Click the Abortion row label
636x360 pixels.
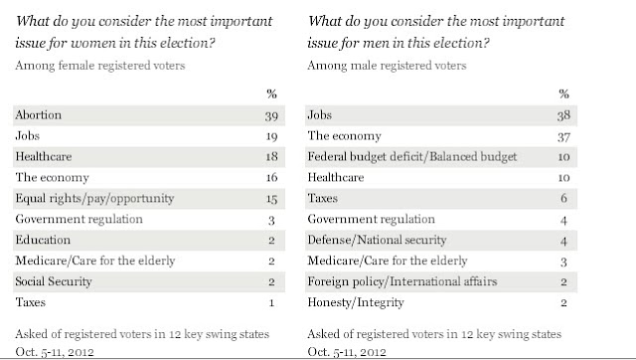pos(39,114)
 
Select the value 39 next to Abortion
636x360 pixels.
pos(271,116)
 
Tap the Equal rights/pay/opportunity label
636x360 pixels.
pos(94,199)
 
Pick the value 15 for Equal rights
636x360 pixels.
pos(271,199)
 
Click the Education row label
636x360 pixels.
pos(43,240)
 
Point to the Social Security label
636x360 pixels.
pos(54,281)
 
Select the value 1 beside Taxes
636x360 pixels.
pos(271,302)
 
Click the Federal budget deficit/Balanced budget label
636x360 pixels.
pos(412,157)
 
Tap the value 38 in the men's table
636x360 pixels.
pos(563,115)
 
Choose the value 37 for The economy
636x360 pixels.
pos(563,137)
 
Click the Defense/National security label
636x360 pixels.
pos(377,240)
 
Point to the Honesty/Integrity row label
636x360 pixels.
pos(356,302)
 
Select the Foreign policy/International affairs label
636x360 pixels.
pos(401,281)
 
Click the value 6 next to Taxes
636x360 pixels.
pos(563,198)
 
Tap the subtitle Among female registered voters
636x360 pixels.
pos(100,66)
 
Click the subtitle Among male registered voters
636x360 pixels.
pos(387,66)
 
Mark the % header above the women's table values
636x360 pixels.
pos(271,94)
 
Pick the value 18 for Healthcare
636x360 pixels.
pos(271,157)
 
